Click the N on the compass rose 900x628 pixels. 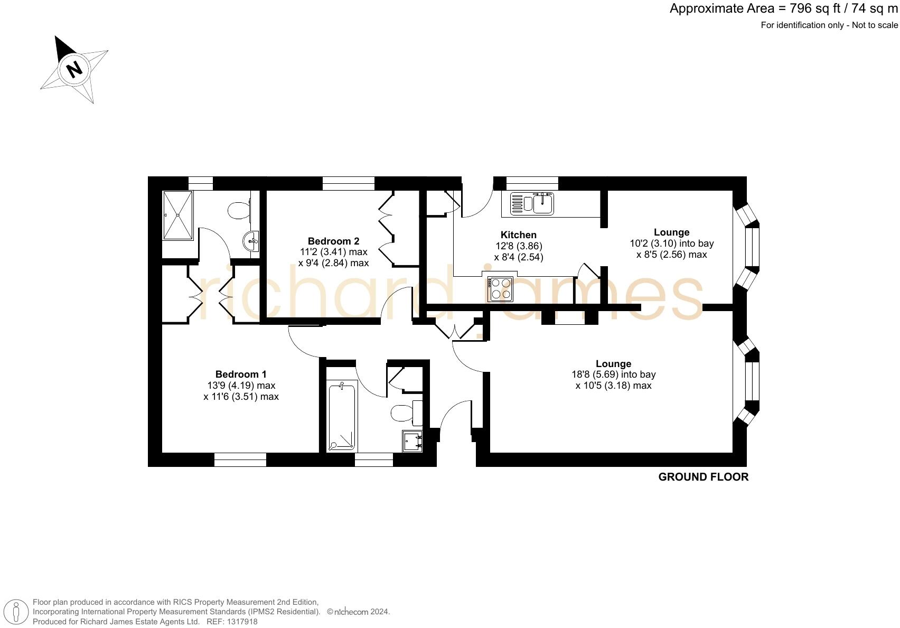click(74, 69)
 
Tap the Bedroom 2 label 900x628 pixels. click(333, 241)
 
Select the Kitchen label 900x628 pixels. click(518, 235)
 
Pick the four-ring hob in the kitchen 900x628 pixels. click(500, 289)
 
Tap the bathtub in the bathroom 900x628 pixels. click(342, 417)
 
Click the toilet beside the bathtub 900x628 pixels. click(404, 413)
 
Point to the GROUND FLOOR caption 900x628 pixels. click(702, 477)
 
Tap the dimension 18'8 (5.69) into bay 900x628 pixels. click(613, 374)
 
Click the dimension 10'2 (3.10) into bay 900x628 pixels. click(671, 243)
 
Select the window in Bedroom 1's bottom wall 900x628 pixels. click(240, 460)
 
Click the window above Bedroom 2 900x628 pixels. click(348, 183)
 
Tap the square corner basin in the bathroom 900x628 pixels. click(412, 441)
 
